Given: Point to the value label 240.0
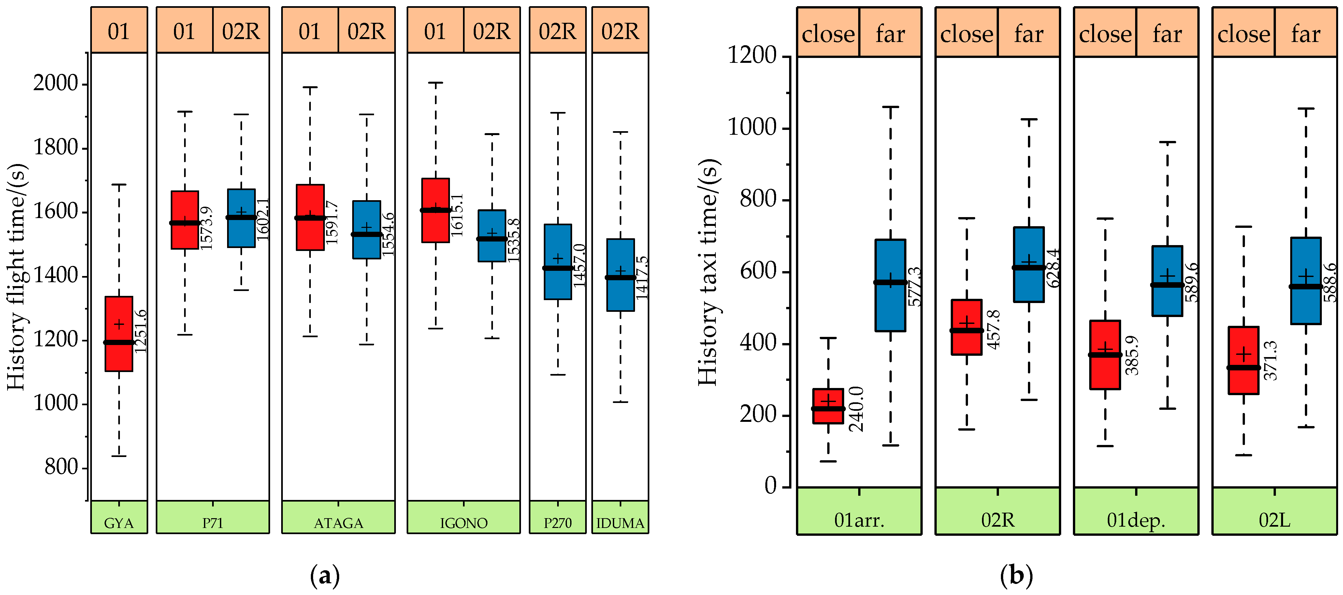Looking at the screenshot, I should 856,409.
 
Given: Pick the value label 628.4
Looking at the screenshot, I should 1053,268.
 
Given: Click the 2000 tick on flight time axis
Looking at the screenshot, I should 56,83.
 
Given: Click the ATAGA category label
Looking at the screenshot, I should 339,523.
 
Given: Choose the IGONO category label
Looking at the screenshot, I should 464,523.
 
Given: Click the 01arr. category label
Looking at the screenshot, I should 859,520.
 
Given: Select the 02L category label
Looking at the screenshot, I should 1274,520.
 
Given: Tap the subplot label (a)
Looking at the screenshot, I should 325,576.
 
